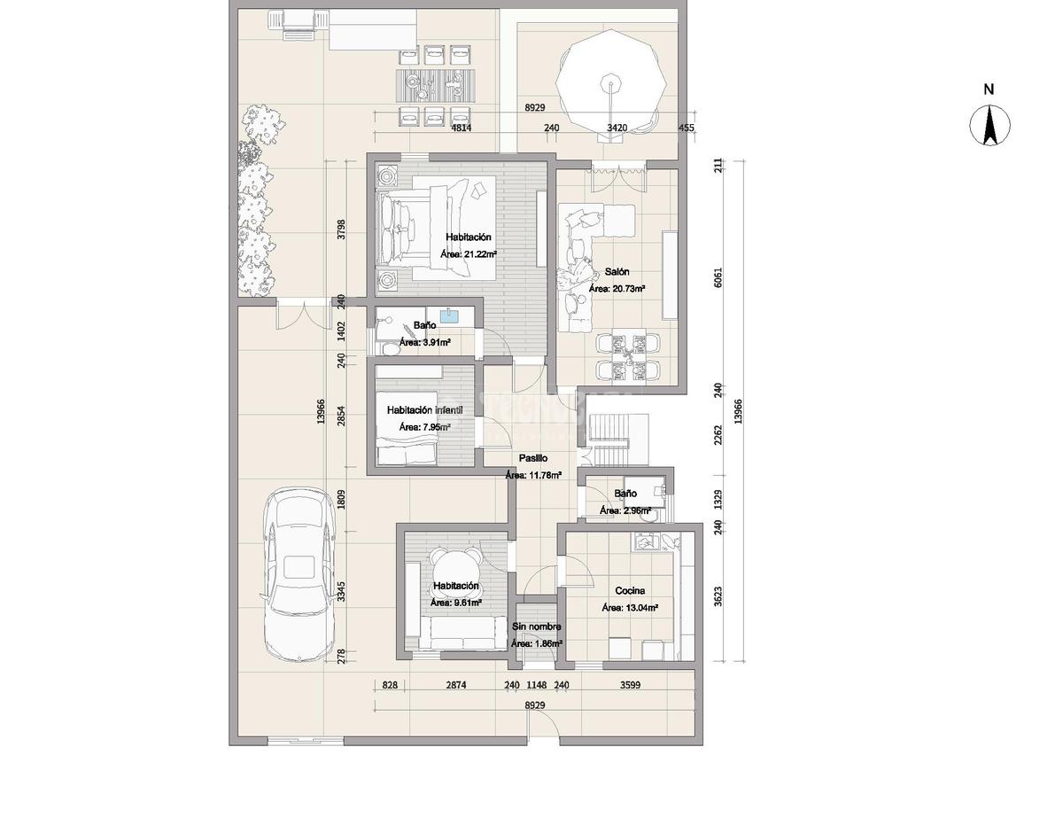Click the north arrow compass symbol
point(989,125)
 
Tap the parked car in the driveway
point(299,574)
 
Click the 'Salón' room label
point(617,271)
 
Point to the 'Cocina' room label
point(630,590)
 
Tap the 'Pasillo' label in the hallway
point(533,458)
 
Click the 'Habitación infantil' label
point(424,410)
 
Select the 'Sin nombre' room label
point(536,627)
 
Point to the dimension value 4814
point(461,128)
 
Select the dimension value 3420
point(617,128)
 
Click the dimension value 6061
point(718,277)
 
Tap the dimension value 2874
point(456,685)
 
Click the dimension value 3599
point(630,685)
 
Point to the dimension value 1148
point(536,685)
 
